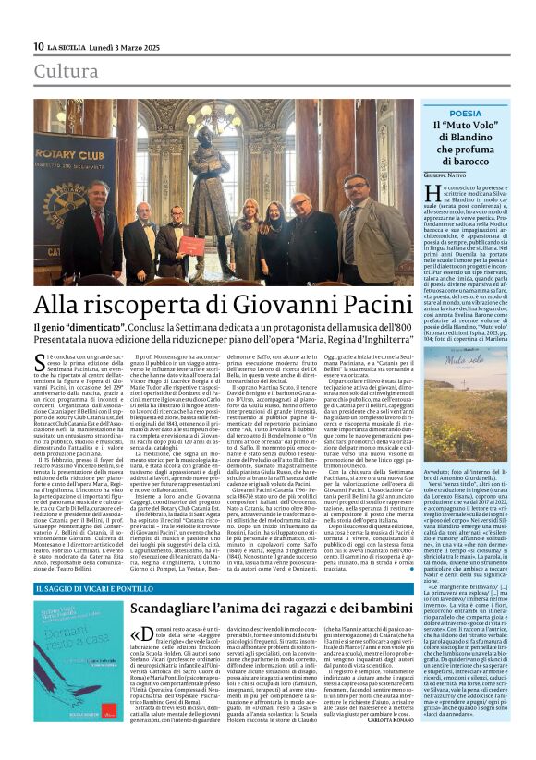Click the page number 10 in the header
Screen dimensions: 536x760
(38, 47)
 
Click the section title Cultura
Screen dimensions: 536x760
(66, 72)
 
